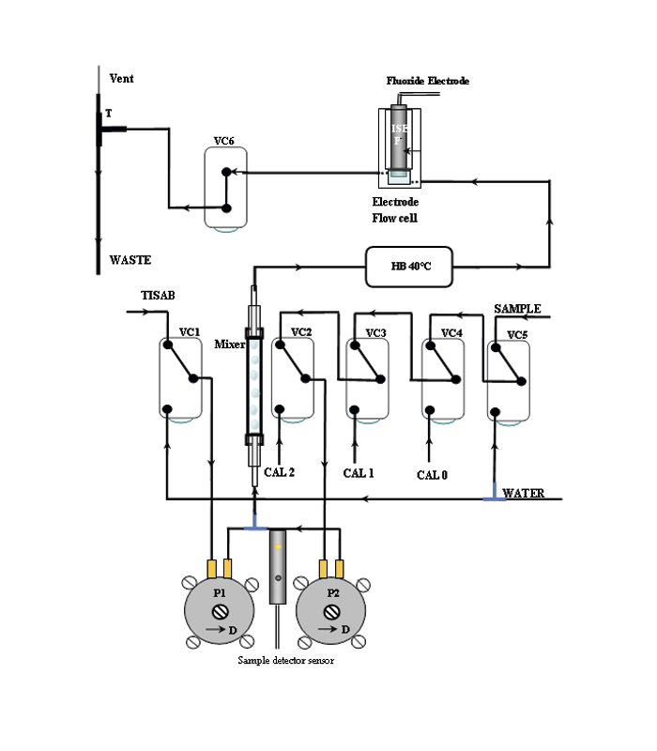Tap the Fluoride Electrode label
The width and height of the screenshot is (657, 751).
pyautogui.click(x=427, y=82)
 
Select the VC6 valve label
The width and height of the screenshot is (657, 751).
pyautogui.click(x=223, y=141)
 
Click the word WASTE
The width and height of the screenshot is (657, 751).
pyautogui.click(x=130, y=260)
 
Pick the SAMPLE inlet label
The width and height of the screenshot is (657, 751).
pyautogui.click(x=518, y=308)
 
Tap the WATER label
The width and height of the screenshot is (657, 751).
pyautogui.click(x=523, y=493)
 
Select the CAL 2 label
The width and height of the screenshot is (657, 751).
pyautogui.click(x=280, y=472)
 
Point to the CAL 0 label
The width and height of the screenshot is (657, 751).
pyautogui.click(x=432, y=475)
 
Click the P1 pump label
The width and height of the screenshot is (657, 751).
pyautogui.click(x=219, y=593)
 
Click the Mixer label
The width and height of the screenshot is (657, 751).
pyautogui.click(x=229, y=344)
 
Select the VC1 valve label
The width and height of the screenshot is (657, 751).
pyautogui.click(x=190, y=332)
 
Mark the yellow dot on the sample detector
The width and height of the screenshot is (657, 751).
pyautogui.click(x=279, y=545)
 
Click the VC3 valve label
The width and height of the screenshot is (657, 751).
pyautogui.click(x=375, y=332)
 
